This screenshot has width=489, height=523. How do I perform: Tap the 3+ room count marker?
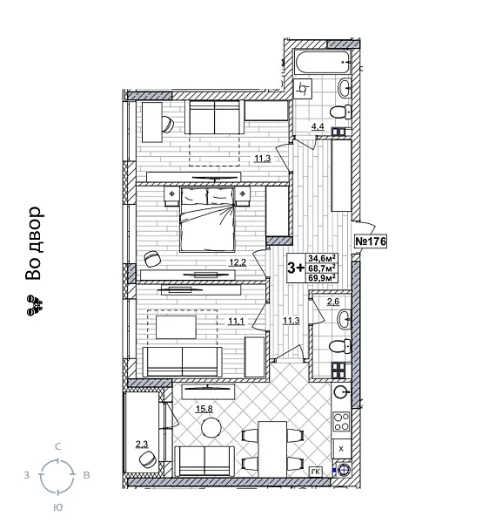(296, 268)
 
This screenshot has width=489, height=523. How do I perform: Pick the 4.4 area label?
(318, 127)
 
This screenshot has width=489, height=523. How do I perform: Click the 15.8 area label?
(203, 408)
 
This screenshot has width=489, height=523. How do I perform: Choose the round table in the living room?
(211, 427)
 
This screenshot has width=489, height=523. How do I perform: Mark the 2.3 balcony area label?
(141, 445)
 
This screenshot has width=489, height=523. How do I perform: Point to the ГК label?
(315, 472)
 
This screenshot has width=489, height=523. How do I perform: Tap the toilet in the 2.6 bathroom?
(341, 347)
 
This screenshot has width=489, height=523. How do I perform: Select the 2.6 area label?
(332, 302)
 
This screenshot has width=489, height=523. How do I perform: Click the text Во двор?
(34, 244)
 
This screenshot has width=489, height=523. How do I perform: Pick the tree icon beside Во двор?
(34, 304)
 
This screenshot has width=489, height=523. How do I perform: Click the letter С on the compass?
(57, 446)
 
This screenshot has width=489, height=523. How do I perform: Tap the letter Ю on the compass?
(57, 506)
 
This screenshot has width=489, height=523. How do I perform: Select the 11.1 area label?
(235, 321)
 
